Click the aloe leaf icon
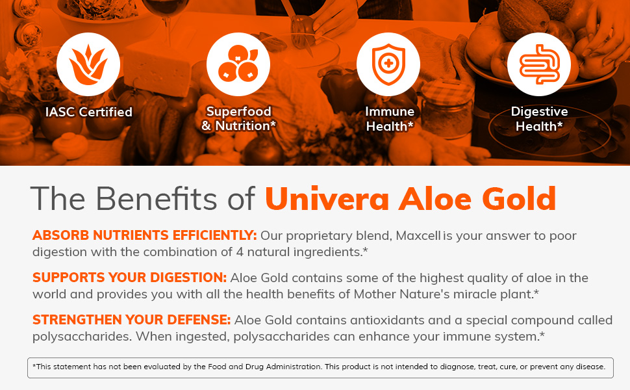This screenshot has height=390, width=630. [x=88, y=64]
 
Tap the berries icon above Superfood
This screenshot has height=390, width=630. [x=238, y=64]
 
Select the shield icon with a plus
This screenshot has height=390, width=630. [x=388, y=65]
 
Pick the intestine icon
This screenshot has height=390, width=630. [x=539, y=64]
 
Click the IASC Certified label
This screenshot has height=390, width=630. [x=89, y=112]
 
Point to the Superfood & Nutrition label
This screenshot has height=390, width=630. [x=238, y=118]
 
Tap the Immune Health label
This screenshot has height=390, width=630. [x=389, y=119]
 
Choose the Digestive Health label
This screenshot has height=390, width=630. [x=539, y=119]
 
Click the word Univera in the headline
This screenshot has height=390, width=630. [x=327, y=199]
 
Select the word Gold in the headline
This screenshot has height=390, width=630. [x=519, y=198]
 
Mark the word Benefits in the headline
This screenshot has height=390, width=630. [x=156, y=198]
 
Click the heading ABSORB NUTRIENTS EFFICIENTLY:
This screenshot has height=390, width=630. [x=145, y=235]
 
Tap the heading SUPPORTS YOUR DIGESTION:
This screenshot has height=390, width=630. [x=130, y=278]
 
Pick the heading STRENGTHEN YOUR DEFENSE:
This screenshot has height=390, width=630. [x=132, y=320]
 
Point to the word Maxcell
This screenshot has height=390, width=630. [x=418, y=235]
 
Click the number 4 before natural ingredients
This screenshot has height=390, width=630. [x=240, y=252]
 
